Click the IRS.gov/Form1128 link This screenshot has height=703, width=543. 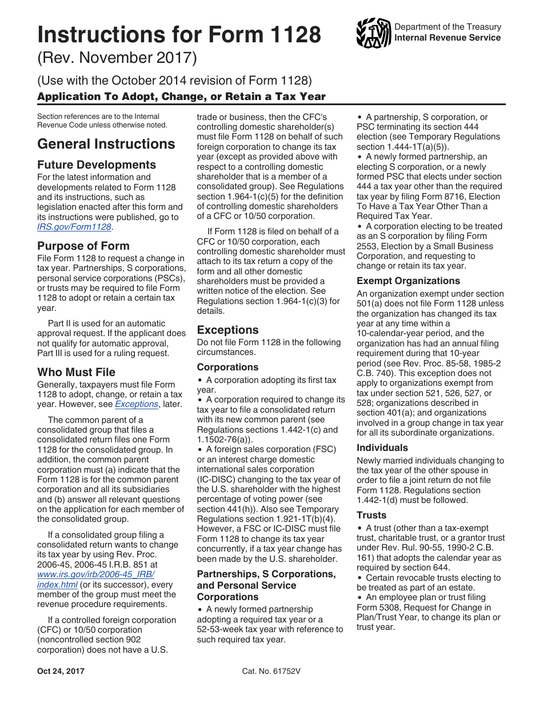(74, 227)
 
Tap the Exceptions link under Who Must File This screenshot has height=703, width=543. (136, 404)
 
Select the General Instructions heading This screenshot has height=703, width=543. (106, 143)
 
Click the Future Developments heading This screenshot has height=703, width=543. (96, 165)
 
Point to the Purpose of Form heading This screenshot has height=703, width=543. (83, 246)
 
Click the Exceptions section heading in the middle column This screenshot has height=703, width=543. (227, 330)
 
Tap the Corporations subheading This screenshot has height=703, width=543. (227, 367)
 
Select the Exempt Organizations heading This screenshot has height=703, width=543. (408, 281)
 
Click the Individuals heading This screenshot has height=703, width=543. (382, 448)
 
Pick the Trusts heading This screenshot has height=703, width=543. (372, 515)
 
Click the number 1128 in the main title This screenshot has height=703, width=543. (292, 35)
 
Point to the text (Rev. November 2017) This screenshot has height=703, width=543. (117, 58)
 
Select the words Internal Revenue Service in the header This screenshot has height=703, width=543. (448, 38)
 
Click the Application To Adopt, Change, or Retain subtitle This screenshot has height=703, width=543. (181, 96)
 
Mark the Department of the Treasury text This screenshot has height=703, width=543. (448, 27)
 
